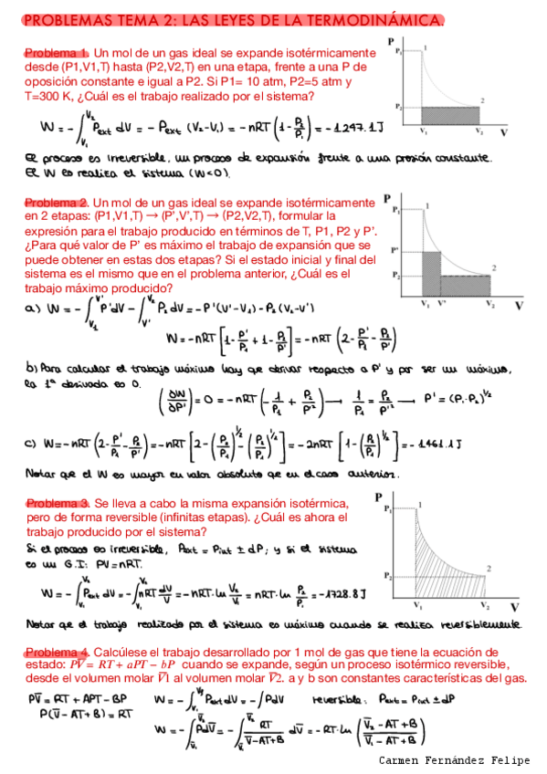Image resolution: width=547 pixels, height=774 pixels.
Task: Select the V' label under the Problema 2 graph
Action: coord(443,302)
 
